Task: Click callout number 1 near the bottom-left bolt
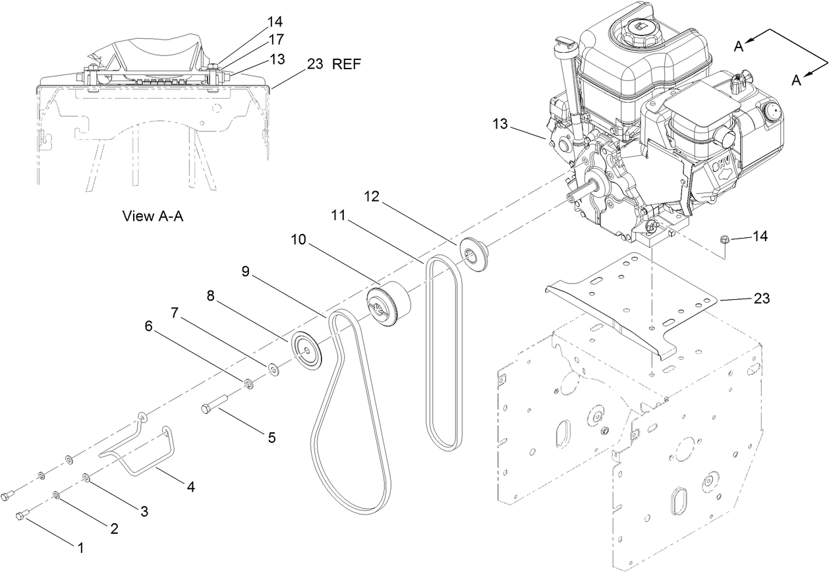tap(81, 546)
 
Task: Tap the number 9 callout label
tap(244, 272)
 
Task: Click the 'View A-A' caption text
tap(152, 215)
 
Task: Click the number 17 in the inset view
tap(275, 40)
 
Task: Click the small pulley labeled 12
tap(473, 252)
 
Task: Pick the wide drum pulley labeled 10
tap(389, 303)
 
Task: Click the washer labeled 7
tap(273, 367)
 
